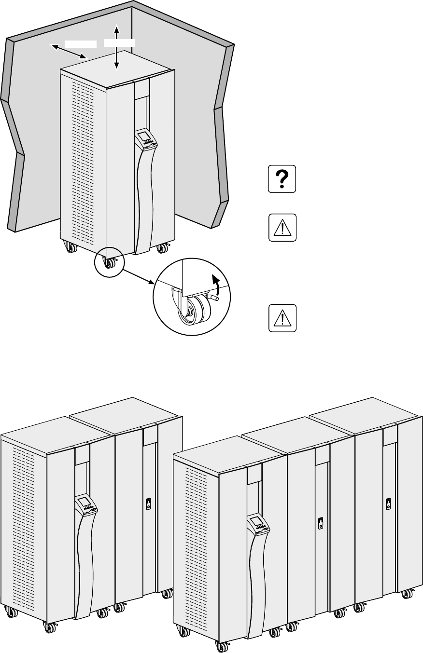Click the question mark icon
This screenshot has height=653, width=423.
(x=282, y=180)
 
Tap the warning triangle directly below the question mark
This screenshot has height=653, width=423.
(x=282, y=228)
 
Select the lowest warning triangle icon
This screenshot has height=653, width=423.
(x=282, y=318)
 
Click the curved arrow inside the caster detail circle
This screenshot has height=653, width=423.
(x=216, y=286)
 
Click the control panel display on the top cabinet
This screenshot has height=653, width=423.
(x=142, y=136)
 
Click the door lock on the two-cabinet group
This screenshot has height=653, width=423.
(x=149, y=503)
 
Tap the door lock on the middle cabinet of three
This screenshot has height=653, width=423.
(x=320, y=523)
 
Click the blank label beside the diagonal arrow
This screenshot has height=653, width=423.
(x=81, y=43)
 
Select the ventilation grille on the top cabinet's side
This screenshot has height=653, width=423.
(x=83, y=159)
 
